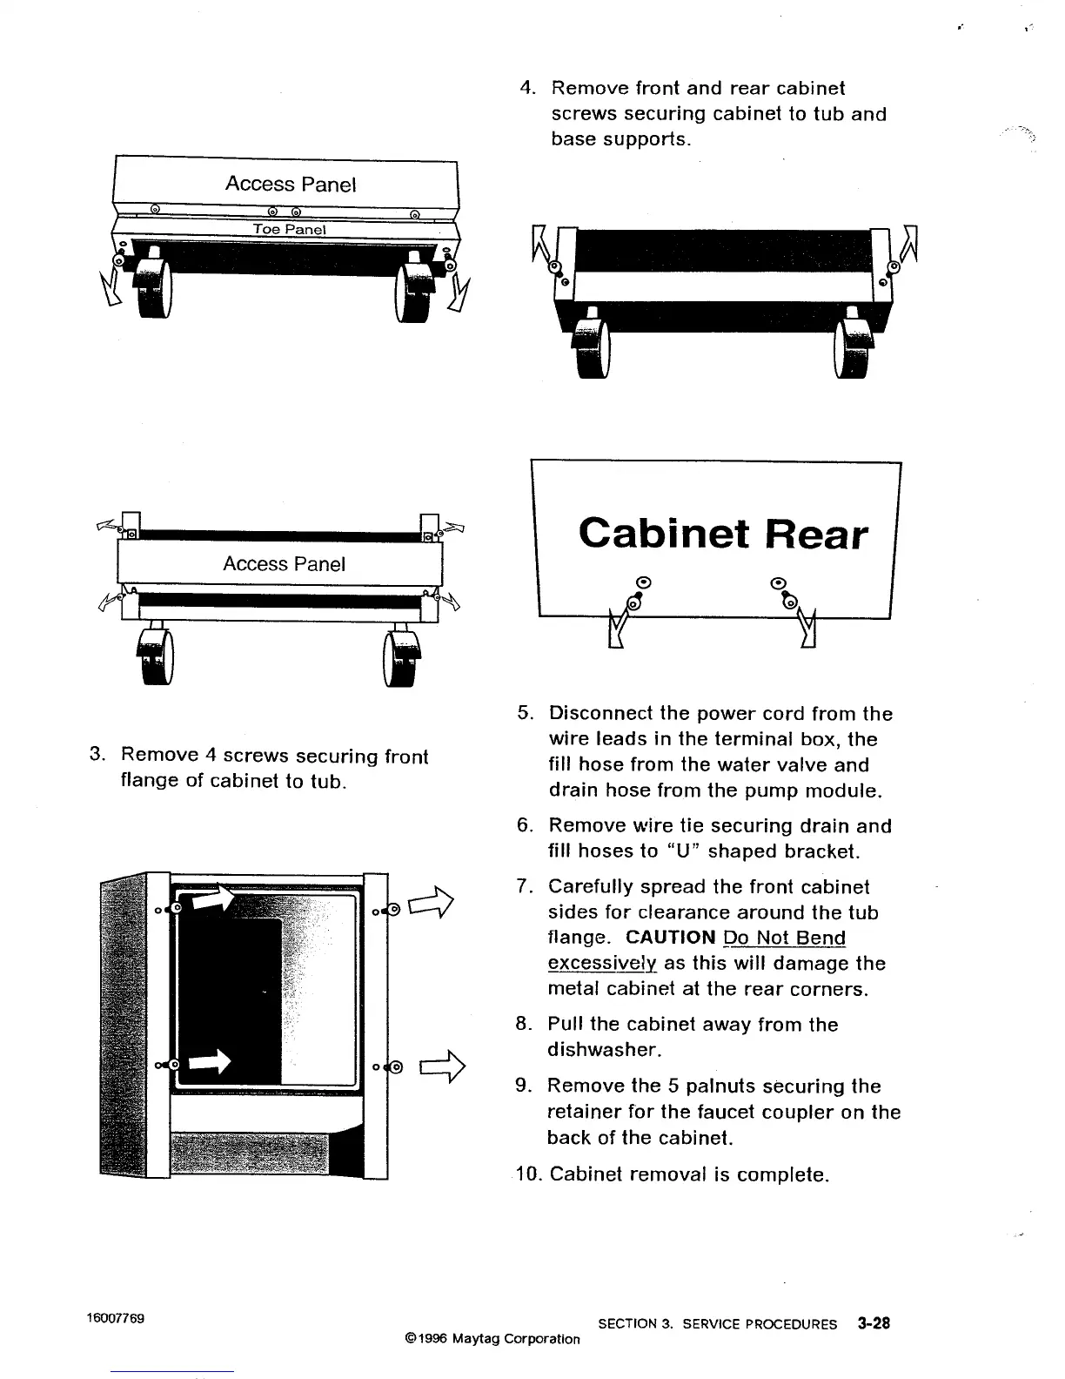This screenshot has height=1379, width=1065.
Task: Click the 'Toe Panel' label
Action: (289, 229)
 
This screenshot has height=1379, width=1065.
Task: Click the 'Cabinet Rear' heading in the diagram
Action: (722, 533)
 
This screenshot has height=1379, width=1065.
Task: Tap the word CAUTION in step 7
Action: (670, 938)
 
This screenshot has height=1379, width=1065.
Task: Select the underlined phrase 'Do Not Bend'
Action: (784, 938)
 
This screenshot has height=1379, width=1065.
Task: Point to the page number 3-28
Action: (873, 1323)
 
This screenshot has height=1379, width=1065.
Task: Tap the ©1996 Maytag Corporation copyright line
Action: (492, 1339)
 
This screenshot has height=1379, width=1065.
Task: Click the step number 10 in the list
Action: (526, 1174)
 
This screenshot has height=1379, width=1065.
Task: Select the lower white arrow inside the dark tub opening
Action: (211, 1061)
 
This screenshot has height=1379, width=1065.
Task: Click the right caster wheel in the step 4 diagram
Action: (851, 348)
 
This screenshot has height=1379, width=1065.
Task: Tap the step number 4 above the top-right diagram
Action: (526, 88)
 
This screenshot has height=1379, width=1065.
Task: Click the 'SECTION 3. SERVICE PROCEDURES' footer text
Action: (718, 1324)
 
